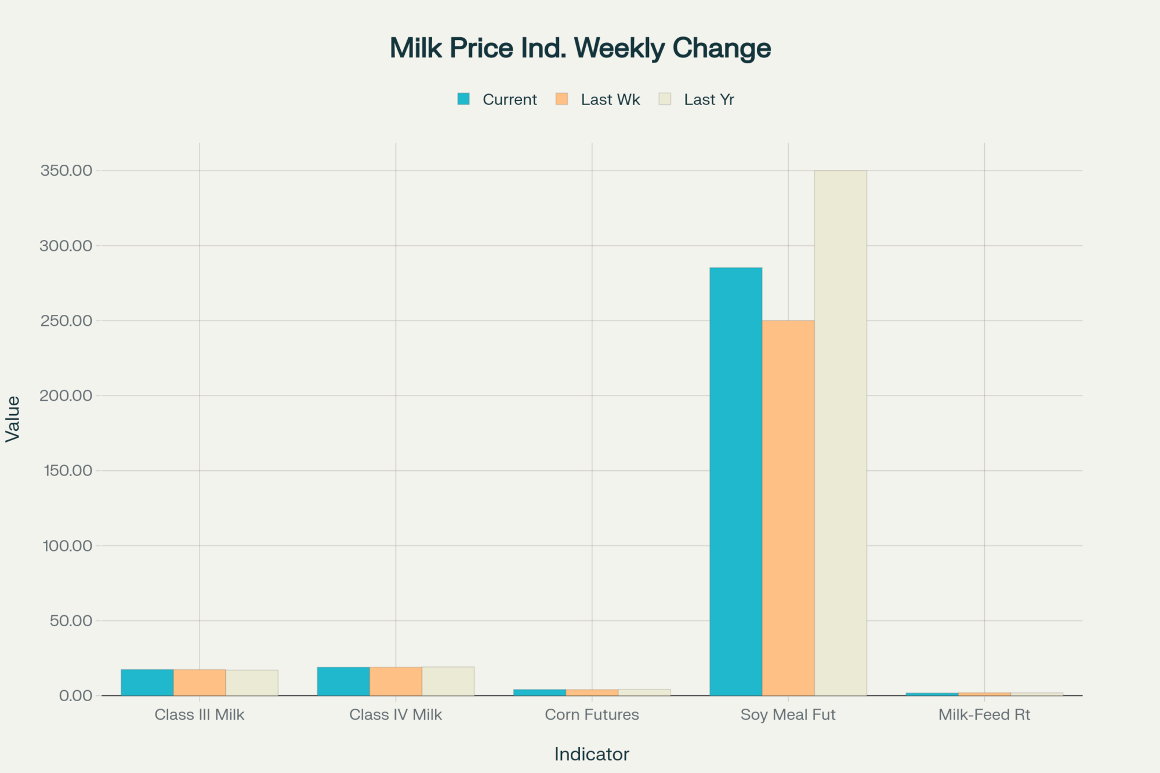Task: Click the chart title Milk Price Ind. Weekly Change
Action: pos(580,48)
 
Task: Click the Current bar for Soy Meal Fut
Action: pos(735,481)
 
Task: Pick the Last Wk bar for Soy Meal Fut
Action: pos(788,508)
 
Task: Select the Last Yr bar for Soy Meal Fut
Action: pos(840,433)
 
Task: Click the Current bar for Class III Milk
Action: pos(147,683)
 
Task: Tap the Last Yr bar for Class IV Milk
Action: pos(448,681)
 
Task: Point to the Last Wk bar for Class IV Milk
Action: pos(396,681)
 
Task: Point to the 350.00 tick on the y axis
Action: pos(66,170)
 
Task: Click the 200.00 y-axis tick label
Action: pos(66,395)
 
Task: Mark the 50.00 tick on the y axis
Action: pos(71,620)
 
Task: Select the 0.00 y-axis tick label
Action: pos(75,695)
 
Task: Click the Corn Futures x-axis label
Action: pos(592,714)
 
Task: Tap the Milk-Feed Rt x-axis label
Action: pos(984,714)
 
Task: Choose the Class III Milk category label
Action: pos(200,714)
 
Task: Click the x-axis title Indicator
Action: pos(592,754)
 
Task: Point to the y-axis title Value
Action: pos(13,419)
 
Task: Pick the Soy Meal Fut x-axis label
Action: pos(788,714)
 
